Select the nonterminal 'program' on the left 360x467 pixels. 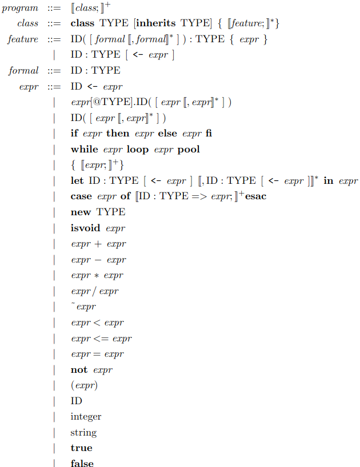pos(20,9)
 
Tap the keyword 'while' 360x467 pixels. pos(85,149)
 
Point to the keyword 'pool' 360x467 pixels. pos(189,150)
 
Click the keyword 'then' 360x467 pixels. pos(118,133)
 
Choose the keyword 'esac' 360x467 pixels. pos(255,196)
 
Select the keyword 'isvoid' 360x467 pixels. pos(85,228)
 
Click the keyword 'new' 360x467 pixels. pos(81,212)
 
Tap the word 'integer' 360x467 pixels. pos(86,417)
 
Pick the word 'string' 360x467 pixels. pos(83,432)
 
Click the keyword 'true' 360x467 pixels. pos(81,448)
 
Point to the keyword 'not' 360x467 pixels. pos(79,369)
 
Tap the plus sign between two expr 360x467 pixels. pos(98,244)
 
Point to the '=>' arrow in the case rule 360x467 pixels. pos(199,196)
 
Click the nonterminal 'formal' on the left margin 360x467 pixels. pos(23,71)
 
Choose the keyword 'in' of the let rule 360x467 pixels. pos(329,180)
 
